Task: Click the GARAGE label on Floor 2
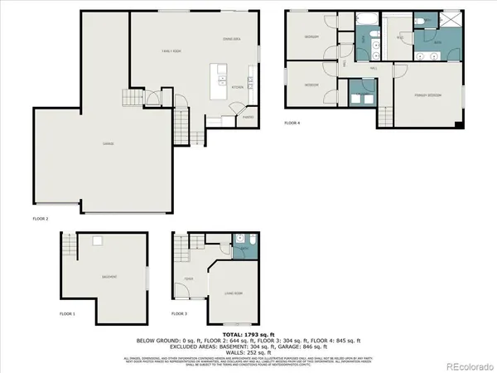tap(109, 143)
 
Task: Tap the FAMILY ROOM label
tap(171, 52)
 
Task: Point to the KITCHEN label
tap(235, 86)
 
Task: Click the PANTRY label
tap(248, 117)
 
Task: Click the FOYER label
tap(189, 279)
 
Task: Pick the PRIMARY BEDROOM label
tap(427, 97)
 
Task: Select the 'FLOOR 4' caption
tap(292, 123)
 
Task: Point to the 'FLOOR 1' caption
tap(67, 314)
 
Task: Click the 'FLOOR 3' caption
tap(179, 314)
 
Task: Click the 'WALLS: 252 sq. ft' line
tap(248, 351)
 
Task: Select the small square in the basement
tap(97, 241)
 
